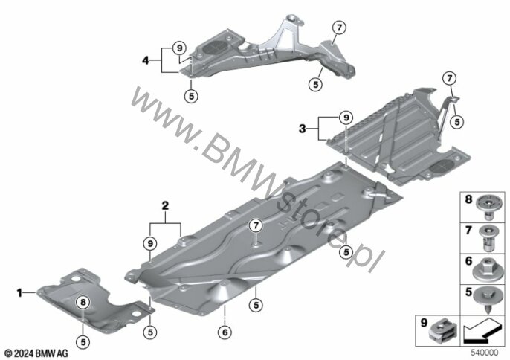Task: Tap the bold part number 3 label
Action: (x=303, y=129)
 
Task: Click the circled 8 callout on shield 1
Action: (x=83, y=301)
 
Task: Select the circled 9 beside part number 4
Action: (x=179, y=48)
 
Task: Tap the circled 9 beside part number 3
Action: (x=345, y=118)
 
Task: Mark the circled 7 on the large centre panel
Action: (x=255, y=225)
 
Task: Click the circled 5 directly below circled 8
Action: (x=83, y=341)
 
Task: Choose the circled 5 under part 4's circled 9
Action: (x=191, y=95)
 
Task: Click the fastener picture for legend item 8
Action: (x=488, y=201)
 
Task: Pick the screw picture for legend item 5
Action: (x=488, y=296)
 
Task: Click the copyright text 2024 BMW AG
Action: (x=36, y=352)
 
